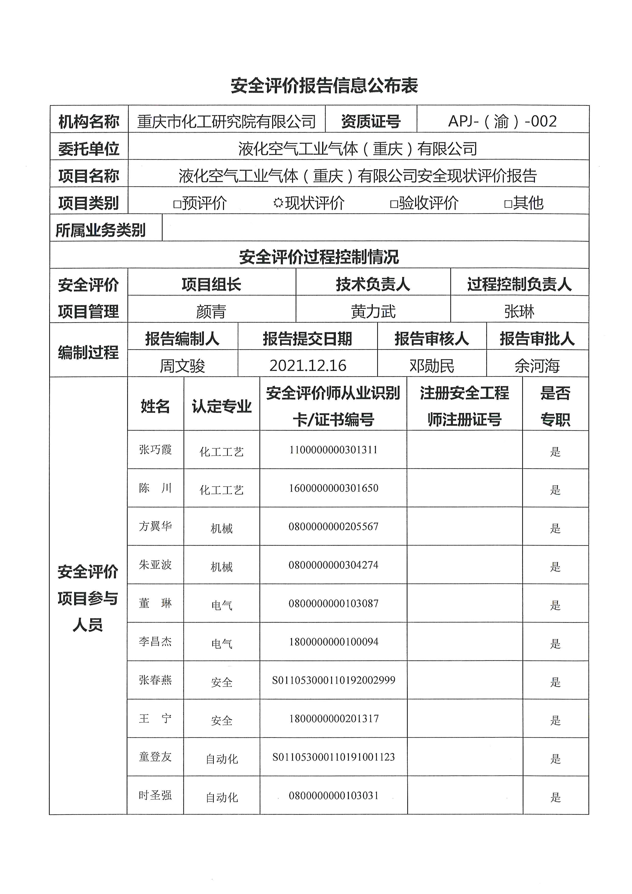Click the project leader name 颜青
(211, 311)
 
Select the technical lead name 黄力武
(373, 311)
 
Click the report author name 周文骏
(182, 365)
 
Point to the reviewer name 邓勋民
(432, 365)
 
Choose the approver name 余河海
(537, 365)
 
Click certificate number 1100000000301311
(333, 450)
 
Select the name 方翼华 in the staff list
(155, 526)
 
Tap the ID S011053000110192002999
(333, 680)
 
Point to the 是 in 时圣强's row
(555, 797)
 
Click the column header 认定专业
(221, 406)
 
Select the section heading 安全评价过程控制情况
(319, 257)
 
